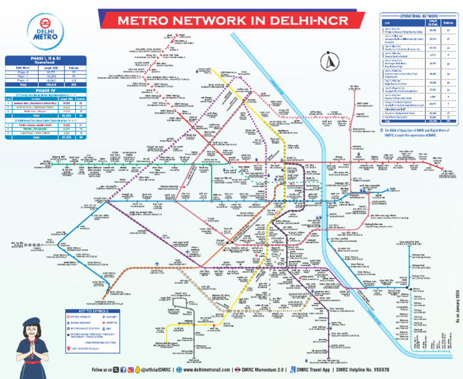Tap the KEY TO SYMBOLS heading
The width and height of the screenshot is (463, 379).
[92, 310]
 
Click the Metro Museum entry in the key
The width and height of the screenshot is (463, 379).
[81, 316]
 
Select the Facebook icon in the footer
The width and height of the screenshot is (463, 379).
[122, 369]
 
